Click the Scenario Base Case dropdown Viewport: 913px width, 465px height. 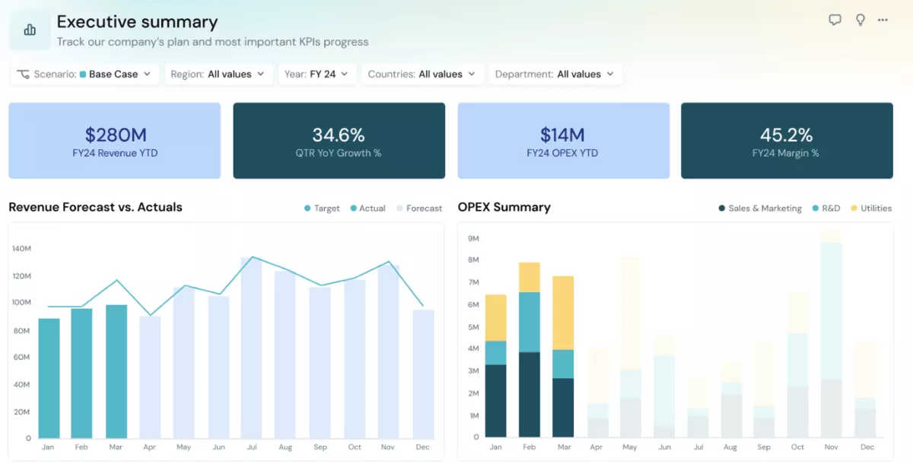click(x=84, y=74)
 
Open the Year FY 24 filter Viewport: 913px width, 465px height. click(x=317, y=74)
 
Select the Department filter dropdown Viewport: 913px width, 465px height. click(x=555, y=74)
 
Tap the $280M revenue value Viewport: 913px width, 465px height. click(x=115, y=135)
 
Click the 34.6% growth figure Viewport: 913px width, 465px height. click(x=339, y=135)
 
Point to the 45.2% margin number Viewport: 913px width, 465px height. click(x=786, y=135)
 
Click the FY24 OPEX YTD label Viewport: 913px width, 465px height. click(x=562, y=153)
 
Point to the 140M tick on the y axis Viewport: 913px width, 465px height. click(x=21, y=248)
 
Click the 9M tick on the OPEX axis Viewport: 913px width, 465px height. click(x=472, y=238)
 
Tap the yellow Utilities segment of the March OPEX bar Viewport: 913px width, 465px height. click(x=562, y=313)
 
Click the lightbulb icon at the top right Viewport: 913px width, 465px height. click(x=860, y=21)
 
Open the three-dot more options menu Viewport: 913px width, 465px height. click(x=883, y=21)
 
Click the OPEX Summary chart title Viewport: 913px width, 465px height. click(x=504, y=207)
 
